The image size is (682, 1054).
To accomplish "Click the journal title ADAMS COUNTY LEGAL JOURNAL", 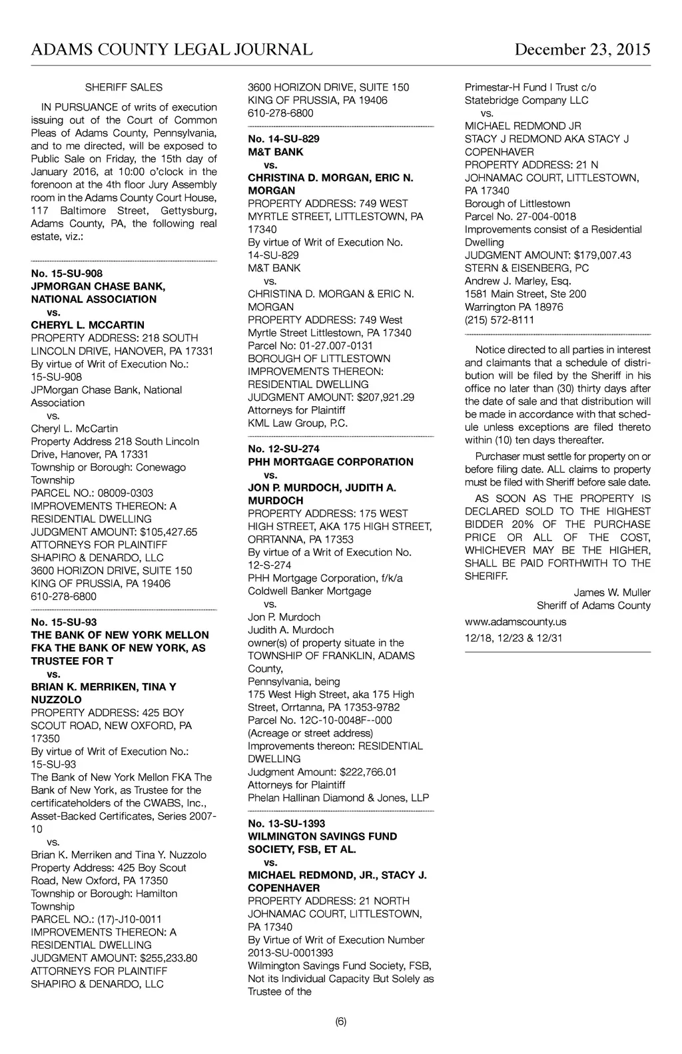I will tap(172, 50).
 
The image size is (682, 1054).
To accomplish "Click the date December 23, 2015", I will tap(582, 50).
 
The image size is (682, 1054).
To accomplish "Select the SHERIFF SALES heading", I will tap(124, 87).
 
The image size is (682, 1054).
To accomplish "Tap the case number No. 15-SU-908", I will tap(67, 274).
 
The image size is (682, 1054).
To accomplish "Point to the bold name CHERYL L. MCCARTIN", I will tap(87, 325).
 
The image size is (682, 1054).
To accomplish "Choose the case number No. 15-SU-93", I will tap(64, 623).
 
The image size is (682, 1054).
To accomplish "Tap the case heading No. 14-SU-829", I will tap(283, 138).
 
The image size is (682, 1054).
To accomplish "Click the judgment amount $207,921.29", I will tap(386, 397).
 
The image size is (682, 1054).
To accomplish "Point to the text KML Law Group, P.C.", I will tap(298, 423).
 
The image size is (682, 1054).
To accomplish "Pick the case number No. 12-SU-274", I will tap(283, 449).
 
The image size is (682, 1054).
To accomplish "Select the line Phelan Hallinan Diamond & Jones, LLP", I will tap(338, 798).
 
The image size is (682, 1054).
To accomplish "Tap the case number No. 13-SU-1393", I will tap(286, 824).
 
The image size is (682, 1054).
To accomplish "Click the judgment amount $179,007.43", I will tap(602, 255).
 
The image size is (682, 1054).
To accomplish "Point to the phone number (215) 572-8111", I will tap(500, 320).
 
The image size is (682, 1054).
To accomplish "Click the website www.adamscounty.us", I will tap(515, 622).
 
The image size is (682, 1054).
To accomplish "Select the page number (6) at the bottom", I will tap(341, 1021).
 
